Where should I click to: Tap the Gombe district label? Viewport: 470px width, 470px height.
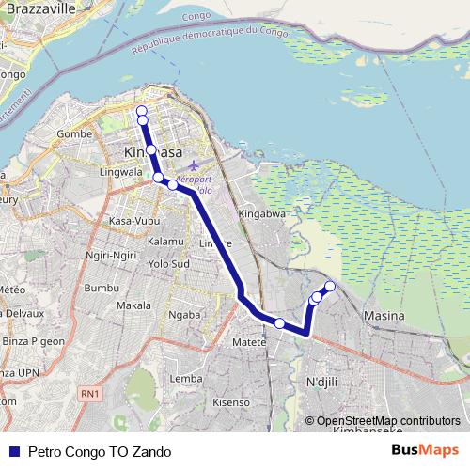pos(72,134)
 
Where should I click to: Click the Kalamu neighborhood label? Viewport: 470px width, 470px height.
pos(165,242)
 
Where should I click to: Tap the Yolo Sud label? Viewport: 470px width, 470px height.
pos(169,263)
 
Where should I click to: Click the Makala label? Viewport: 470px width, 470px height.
pos(133,306)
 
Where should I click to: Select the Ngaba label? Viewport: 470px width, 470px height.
pos(184,316)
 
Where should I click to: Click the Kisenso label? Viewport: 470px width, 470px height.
pos(231,402)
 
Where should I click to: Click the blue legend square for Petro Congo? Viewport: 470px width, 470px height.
pos(14,451)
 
